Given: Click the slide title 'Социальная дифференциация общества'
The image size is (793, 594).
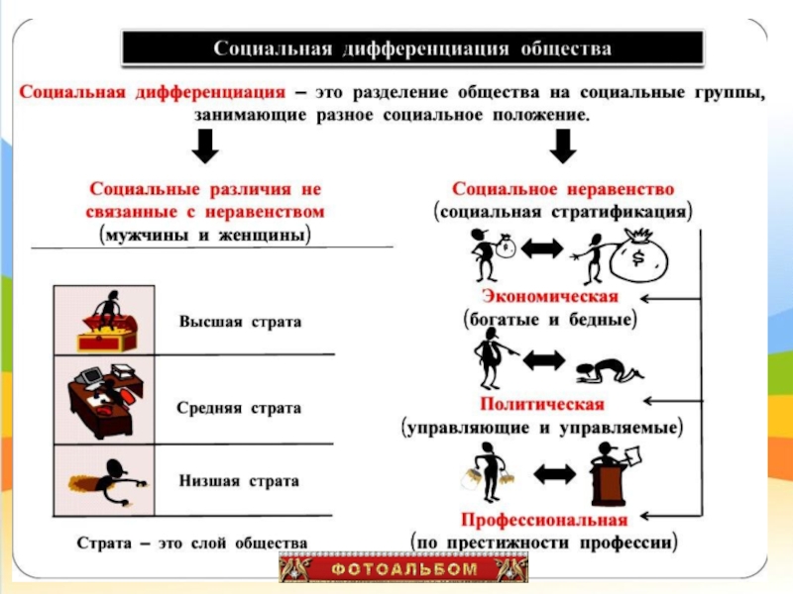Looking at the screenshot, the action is [x=413, y=48].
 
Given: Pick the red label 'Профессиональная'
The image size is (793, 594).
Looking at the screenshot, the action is [x=543, y=520].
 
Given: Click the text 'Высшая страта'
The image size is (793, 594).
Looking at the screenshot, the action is [x=239, y=323].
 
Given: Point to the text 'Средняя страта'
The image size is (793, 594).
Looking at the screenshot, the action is [x=239, y=407].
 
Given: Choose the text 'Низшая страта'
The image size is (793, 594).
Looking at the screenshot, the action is [x=239, y=480].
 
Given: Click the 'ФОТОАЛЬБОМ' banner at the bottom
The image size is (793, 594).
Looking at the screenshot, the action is [x=403, y=569].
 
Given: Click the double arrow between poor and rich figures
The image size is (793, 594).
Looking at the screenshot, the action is [x=540, y=251].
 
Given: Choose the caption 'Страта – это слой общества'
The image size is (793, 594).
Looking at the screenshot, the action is [x=192, y=543].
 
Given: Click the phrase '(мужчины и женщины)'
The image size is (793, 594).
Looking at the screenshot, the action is [x=204, y=236].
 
